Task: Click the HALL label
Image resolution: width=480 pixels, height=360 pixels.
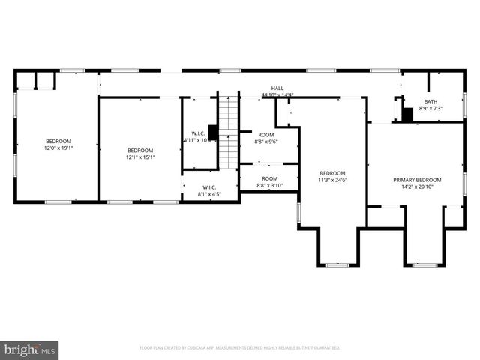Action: click(x=277, y=88)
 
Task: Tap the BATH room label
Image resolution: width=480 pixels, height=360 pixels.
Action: click(x=430, y=101)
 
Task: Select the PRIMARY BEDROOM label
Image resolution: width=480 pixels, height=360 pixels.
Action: click(x=417, y=180)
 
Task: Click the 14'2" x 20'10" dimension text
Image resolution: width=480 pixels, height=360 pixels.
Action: click(x=417, y=187)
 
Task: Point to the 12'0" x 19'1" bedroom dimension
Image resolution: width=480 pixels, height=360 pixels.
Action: click(x=58, y=148)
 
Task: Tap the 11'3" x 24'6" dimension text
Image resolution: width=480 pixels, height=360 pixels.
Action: click(x=333, y=180)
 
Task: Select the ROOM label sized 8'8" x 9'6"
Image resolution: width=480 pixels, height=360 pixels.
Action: click(x=266, y=134)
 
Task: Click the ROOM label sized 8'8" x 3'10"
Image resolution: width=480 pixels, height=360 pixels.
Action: click(x=266, y=179)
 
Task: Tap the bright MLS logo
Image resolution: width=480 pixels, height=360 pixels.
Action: click(x=30, y=349)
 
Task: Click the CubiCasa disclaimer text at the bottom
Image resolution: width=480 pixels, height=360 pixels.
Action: click(x=240, y=348)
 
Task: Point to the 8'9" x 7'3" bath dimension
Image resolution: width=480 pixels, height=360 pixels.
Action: click(x=430, y=109)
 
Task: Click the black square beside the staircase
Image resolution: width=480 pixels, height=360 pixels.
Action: click(x=213, y=133)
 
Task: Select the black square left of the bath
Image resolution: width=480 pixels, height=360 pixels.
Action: click(x=407, y=115)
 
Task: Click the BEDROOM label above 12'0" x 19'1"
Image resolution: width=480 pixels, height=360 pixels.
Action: click(x=58, y=142)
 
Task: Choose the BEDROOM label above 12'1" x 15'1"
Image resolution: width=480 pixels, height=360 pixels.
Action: click(x=139, y=150)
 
